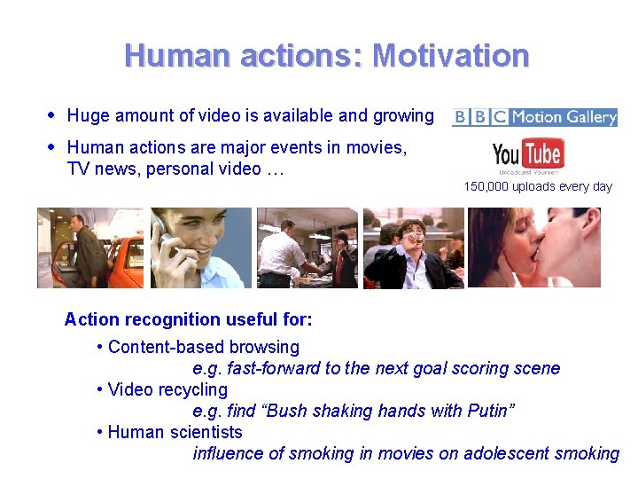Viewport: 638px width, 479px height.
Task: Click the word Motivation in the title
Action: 451,56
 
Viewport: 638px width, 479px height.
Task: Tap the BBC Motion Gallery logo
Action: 534,117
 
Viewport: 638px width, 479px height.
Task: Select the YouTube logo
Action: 528,157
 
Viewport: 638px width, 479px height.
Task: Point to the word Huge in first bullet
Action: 88,115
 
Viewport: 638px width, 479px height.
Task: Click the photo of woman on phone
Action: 199,247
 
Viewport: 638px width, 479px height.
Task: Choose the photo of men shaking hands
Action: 307,247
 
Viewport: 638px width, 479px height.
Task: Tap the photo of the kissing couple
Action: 534,247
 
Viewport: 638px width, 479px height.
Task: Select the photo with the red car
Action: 89,247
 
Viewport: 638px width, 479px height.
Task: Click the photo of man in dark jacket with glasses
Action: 414,247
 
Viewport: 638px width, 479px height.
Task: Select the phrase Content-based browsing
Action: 204,347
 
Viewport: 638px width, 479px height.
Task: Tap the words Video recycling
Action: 167,389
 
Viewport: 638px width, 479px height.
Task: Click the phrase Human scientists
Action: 175,432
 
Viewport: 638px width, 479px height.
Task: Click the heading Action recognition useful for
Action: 188,318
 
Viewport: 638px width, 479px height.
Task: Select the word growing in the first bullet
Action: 405,115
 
